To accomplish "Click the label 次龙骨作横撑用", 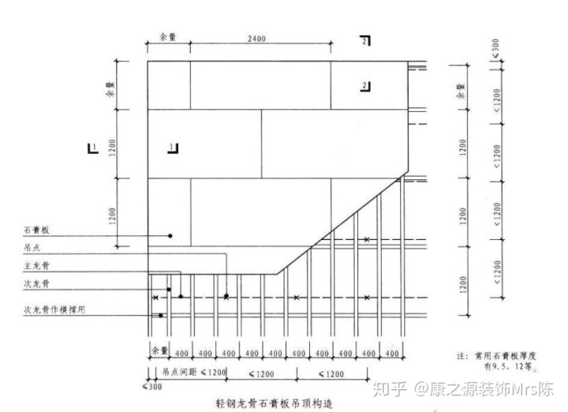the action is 53,309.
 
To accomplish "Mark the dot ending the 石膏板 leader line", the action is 170,235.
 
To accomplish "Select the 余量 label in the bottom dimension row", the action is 160,350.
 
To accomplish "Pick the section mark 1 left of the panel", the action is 93,147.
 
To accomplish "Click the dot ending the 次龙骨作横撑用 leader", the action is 161,316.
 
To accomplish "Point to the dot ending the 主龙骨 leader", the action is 181,297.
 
